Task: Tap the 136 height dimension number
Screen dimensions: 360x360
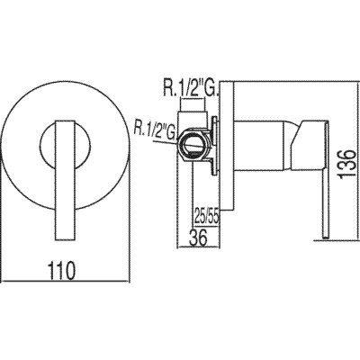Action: pyautogui.click(x=348, y=166)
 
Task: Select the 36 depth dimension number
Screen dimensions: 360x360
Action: pyautogui.click(x=199, y=238)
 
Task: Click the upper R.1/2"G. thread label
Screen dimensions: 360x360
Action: pyautogui.click(x=190, y=88)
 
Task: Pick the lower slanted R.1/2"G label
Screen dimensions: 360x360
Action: pyautogui.click(x=154, y=131)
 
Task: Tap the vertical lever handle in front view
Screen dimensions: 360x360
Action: pyautogui.click(x=66, y=180)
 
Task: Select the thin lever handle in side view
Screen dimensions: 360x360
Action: pyautogui.click(x=326, y=180)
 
